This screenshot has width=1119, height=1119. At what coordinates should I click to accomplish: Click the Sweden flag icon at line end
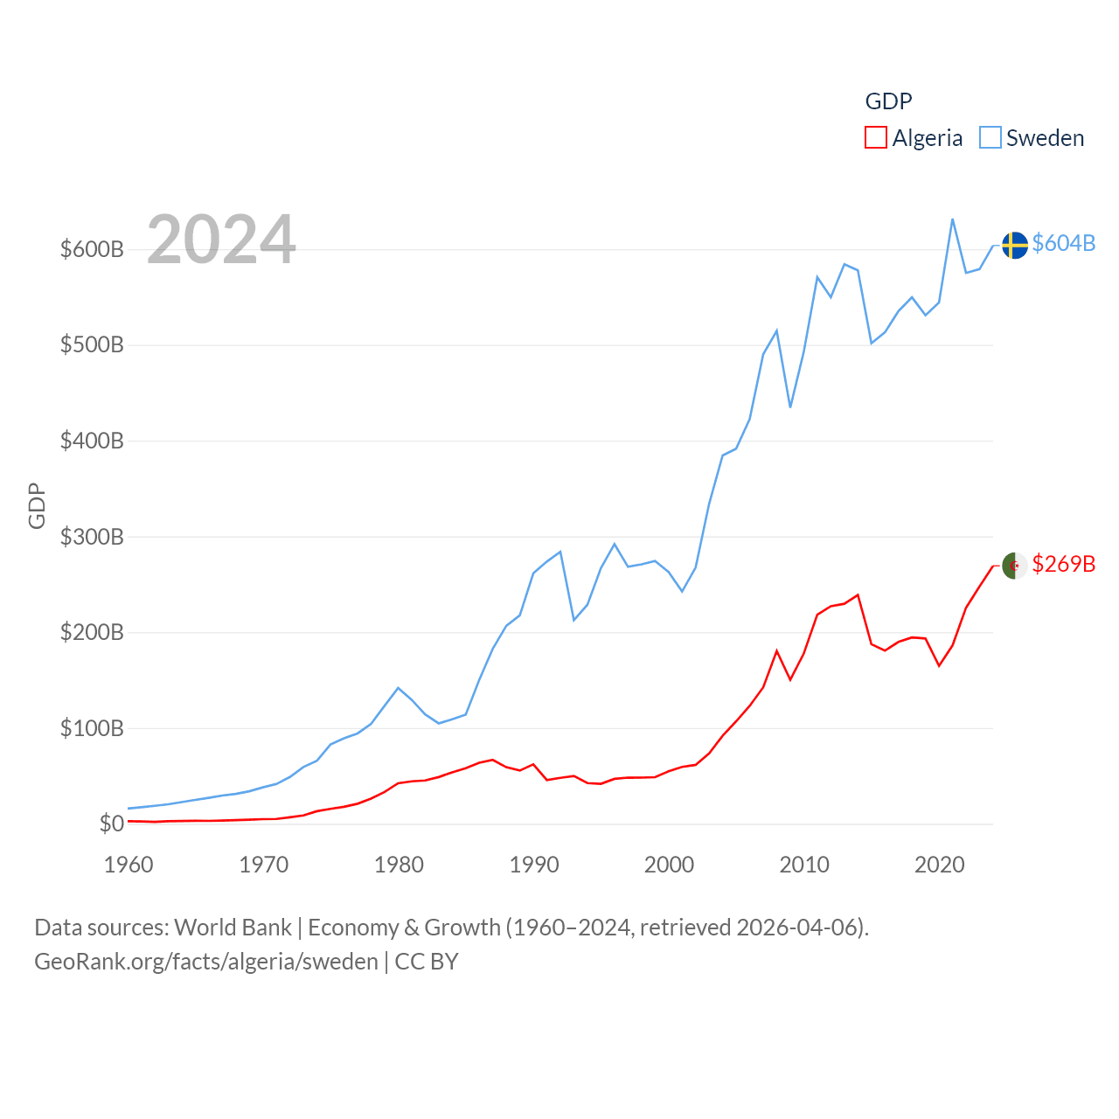(1014, 246)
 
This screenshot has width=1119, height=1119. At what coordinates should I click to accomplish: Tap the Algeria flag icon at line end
(1014, 566)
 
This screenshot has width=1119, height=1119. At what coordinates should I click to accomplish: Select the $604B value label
(1063, 243)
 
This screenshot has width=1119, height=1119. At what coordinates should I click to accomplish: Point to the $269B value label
(1063, 564)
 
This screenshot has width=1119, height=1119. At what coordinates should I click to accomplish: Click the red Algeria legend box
(875, 138)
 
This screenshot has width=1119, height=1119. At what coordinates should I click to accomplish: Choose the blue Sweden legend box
(990, 138)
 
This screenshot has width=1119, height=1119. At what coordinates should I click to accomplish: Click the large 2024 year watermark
(221, 240)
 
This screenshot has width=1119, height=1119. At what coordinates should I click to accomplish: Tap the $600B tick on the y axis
(92, 249)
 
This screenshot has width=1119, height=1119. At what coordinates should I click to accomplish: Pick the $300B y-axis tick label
(92, 537)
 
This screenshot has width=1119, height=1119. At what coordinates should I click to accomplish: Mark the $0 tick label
(111, 824)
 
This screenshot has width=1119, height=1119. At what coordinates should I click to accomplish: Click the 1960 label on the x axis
(129, 865)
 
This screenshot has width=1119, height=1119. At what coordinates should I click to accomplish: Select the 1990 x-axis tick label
(534, 865)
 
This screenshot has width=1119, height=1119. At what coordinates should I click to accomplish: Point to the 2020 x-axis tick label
(939, 865)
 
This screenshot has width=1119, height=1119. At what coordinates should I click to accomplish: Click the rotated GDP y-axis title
(37, 505)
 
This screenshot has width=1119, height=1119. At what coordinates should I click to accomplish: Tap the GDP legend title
(888, 101)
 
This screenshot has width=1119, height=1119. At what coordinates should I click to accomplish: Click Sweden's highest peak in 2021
(952, 219)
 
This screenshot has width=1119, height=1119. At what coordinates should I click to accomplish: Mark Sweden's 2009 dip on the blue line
(790, 407)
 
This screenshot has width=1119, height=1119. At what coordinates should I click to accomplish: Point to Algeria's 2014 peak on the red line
(858, 595)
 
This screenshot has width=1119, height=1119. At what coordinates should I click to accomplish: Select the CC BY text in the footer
(427, 962)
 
